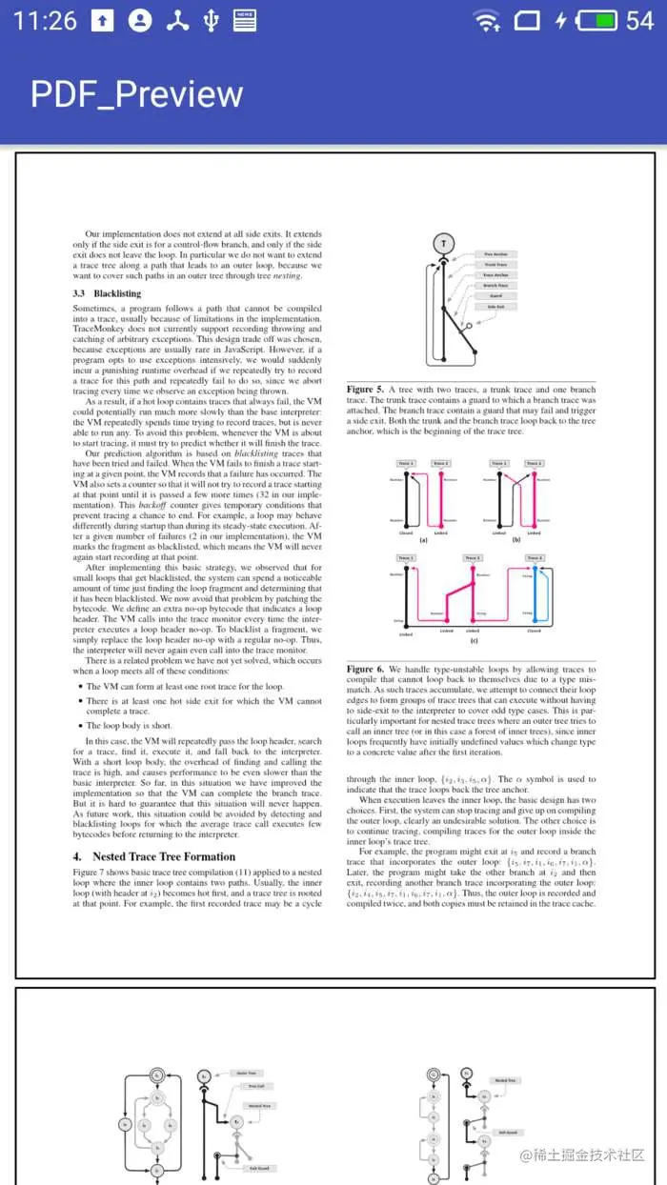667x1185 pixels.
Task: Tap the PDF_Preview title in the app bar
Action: tap(136, 94)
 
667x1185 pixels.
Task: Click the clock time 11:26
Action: tap(45, 20)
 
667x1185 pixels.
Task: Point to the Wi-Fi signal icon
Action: tap(486, 20)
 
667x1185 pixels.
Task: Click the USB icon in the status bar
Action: tap(210, 20)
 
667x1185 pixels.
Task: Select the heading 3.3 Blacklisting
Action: tap(107, 294)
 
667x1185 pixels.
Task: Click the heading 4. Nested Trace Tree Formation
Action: tap(153, 856)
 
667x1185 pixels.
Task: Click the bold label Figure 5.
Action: tap(365, 390)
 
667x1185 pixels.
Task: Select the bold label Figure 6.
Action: tap(365, 669)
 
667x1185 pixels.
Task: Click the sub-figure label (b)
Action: tap(516, 538)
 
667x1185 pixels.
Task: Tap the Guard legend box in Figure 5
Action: tap(495, 295)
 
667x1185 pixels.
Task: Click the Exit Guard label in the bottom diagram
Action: tap(259, 1168)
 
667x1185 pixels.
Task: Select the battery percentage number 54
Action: tap(639, 20)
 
